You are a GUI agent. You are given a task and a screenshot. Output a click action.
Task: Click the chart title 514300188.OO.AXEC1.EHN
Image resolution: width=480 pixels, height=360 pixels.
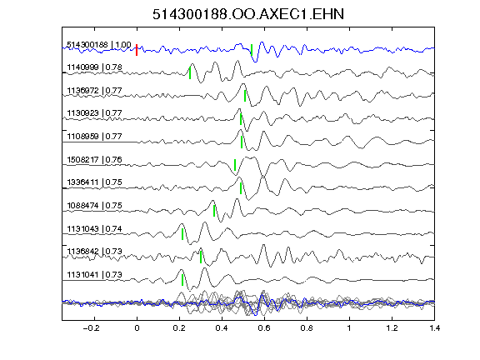(248, 14)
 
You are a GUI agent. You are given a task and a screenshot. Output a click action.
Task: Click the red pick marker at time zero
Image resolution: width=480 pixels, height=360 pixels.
(137, 50)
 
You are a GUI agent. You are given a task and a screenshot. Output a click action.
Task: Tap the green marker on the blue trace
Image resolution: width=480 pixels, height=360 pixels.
(252, 50)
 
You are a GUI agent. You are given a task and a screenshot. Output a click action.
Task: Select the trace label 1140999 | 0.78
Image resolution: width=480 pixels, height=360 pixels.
(95, 67)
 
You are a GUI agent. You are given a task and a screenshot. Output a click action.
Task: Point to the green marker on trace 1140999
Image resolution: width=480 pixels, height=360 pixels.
(190, 73)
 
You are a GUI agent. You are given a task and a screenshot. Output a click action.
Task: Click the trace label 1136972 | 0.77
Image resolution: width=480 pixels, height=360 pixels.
(95, 91)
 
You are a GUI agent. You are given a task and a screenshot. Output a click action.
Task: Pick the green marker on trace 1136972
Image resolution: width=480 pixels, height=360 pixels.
(245, 96)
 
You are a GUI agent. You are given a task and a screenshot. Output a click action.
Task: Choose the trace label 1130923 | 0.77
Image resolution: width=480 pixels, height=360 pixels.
(95, 113)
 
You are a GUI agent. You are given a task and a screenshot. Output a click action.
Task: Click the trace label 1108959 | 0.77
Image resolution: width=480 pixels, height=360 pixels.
(95, 136)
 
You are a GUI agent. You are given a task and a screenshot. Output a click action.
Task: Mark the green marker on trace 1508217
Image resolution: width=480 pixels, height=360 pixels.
(235, 165)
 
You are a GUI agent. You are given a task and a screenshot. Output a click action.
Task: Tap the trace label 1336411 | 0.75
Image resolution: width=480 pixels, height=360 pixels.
(95, 182)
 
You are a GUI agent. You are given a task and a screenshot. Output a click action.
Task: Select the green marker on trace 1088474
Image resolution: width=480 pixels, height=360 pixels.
(214, 211)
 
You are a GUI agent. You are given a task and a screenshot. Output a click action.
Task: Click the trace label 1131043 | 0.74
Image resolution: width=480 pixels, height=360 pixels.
(95, 229)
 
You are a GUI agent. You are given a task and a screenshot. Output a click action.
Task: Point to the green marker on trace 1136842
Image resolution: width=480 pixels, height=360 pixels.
(201, 257)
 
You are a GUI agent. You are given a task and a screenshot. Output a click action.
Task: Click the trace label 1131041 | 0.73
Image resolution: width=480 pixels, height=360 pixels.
(95, 275)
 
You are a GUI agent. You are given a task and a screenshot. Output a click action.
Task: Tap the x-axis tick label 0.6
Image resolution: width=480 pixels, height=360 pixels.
(264, 328)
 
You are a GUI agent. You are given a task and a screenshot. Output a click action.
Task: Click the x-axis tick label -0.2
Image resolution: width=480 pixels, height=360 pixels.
(91, 328)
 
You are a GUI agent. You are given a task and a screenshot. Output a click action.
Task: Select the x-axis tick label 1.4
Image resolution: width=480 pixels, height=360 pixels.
(434, 328)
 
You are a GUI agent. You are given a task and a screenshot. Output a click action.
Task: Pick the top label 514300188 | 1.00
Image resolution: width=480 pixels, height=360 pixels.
(99, 45)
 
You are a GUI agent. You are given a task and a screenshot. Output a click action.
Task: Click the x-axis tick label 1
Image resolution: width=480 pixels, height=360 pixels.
(349, 328)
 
